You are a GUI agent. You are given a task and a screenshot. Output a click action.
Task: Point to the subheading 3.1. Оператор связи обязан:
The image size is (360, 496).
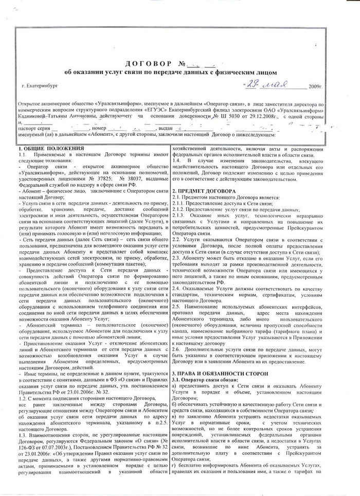point(205,379)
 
